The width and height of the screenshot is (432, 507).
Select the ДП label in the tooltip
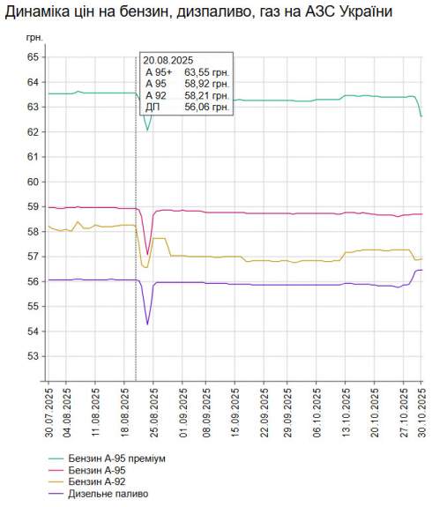[153, 107]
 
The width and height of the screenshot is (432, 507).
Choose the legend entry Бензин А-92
[101, 481]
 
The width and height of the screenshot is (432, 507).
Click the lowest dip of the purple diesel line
[147, 324]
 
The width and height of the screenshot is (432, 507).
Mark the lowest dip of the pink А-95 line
[147, 254]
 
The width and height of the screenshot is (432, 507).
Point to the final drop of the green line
[421, 116]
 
